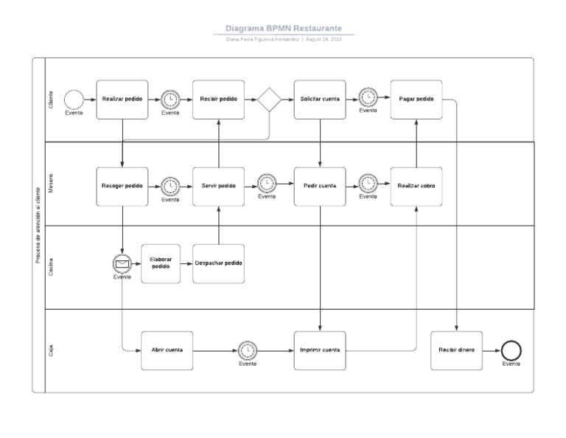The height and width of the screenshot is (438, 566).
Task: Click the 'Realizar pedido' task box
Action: [122, 99]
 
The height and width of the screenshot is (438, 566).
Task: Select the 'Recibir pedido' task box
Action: [219, 99]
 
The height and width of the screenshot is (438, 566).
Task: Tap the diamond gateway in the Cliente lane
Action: [269, 99]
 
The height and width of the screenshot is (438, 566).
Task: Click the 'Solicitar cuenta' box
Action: [320, 99]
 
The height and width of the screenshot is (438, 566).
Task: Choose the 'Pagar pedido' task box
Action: [416, 99]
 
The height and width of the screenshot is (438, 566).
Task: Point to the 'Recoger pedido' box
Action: [122, 186]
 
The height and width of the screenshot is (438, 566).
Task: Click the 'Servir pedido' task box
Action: [219, 186]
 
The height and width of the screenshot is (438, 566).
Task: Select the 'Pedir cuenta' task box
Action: [320, 186]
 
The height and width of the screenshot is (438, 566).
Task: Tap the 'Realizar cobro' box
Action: [416, 186]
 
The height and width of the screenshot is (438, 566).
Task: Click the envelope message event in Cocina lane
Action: [122, 263]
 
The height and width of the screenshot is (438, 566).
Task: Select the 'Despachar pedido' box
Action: [219, 264]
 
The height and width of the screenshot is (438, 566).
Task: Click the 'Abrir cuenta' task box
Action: [167, 350]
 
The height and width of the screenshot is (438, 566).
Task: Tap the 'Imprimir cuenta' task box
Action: [320, 350]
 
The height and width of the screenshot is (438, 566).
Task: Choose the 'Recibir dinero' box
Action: [457, 350]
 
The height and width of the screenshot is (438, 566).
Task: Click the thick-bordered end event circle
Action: [511, 350]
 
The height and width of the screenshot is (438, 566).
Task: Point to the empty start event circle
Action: [74, 99]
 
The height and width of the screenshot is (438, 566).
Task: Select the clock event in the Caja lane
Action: [248, 350]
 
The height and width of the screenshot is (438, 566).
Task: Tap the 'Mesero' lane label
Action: [50, 185]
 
